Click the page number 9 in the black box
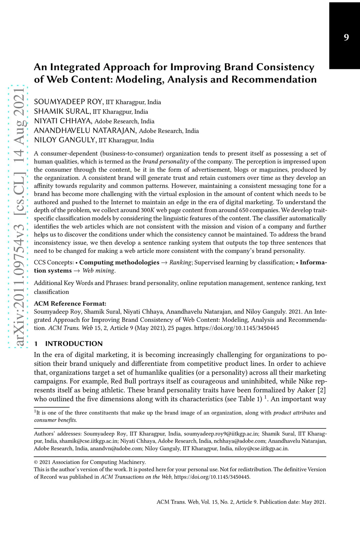(x=346, y=38)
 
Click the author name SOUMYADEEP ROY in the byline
(x=68, y=102)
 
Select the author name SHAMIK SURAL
(x=62, y=111)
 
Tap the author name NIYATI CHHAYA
(x=63, y=121)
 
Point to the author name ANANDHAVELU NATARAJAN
(x=85, y=131)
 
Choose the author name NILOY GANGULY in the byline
(x=65, y=140)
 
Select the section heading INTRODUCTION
(x=74, y=344)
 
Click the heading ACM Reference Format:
(x=70, y=304)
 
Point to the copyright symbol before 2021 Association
(x=36, y=462)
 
